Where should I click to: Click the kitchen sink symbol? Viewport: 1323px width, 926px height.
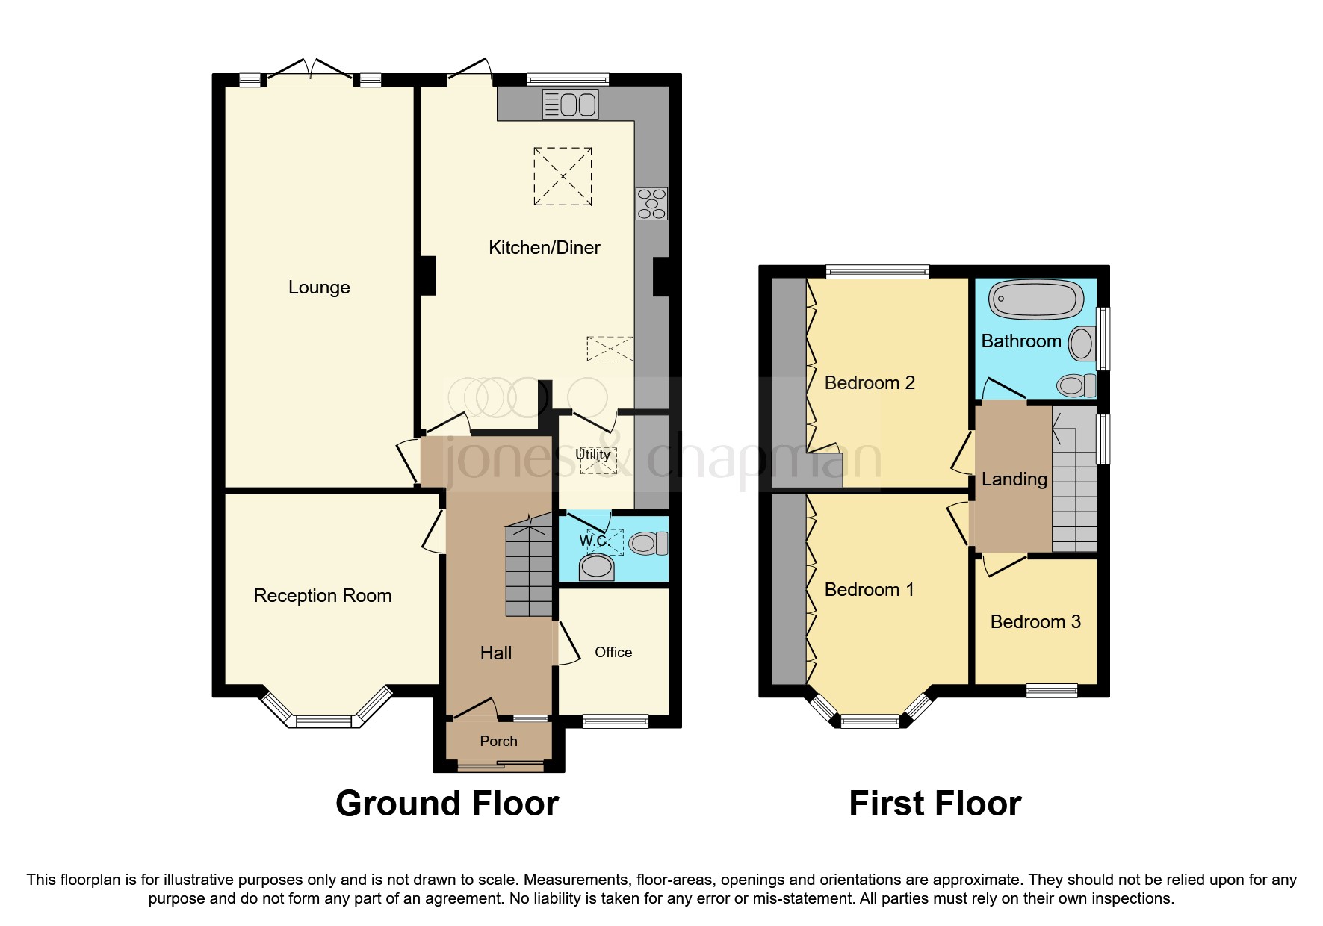coord(570,105)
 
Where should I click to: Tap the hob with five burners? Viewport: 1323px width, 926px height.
coord(651,204)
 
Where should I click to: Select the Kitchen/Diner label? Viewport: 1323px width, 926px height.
coord(544,248)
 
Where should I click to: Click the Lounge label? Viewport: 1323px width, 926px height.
coord(319,288)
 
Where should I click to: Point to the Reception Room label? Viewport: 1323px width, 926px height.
coord(322,596)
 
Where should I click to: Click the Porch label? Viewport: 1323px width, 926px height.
coord(498,742)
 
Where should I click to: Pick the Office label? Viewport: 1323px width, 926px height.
coord(613,653)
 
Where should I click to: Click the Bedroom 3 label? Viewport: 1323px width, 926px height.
coord(1035,622)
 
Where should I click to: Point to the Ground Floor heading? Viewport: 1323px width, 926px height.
coord(447,804)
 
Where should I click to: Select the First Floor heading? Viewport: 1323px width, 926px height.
coord(935,804)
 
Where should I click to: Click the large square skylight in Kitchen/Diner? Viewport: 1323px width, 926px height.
coord(563,176)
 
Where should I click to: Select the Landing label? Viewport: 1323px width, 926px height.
coord(1014,479)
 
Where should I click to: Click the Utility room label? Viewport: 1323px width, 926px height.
coord(592,454)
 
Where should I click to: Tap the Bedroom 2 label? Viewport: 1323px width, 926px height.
coord(869,383)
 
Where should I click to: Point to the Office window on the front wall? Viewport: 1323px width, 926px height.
coord(615,721)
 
